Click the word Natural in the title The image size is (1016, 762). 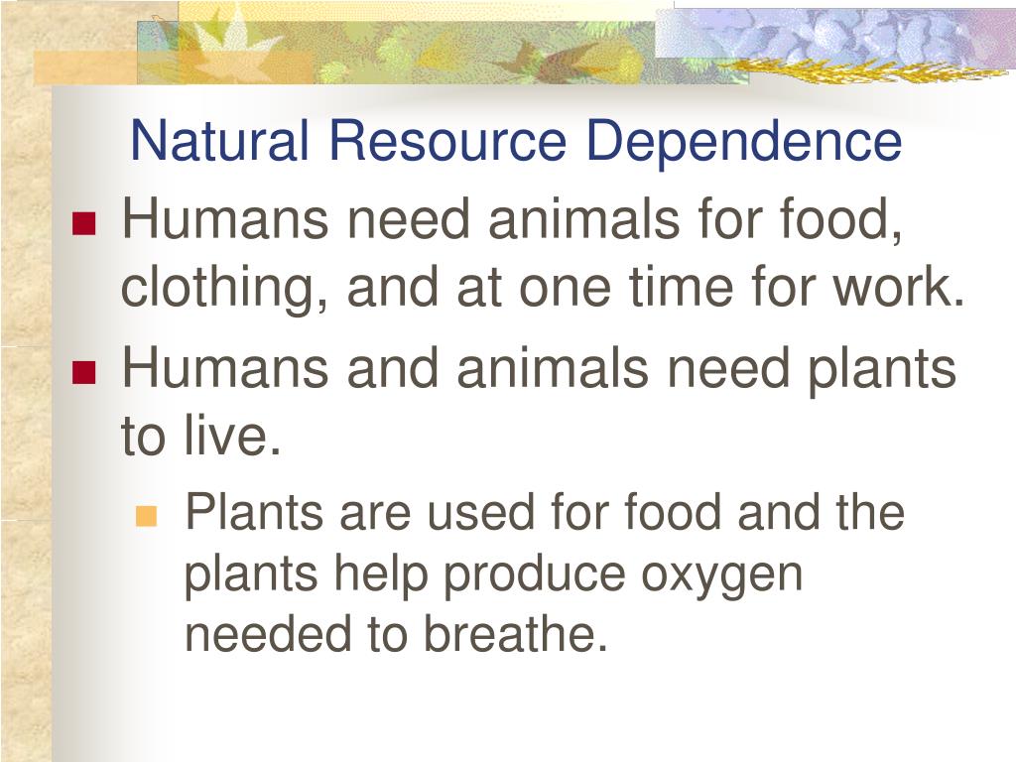point(219,141)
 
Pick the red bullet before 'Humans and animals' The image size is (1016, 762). point(84,373)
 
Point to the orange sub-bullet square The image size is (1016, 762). point(147,516)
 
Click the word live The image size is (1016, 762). point(232,435)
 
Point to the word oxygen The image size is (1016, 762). point(722,575)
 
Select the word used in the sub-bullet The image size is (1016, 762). point(481,512)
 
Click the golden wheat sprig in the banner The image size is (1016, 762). point(862,68)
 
